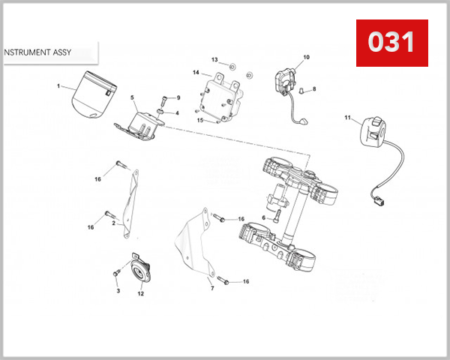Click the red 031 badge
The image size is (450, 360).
[391, 43]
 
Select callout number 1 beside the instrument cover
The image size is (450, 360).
[58, 86]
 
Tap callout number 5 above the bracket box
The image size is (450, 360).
[133, 98]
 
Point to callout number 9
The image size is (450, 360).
[178, 98]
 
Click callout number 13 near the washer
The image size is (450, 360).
[214, 59]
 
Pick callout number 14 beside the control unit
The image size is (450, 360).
[196, 73]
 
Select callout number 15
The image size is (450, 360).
[200, 120]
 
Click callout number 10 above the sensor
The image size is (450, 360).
[306, 57]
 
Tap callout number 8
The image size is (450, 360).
[314, 89]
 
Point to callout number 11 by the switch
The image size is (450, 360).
[347, 118]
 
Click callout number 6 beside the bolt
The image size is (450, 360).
[264, 218]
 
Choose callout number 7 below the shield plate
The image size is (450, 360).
[212, 288]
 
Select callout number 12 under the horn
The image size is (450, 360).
[140, 293]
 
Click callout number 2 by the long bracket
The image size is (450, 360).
[113, 223]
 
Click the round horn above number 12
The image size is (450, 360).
[139, 271]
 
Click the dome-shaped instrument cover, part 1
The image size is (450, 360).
[91, 94]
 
